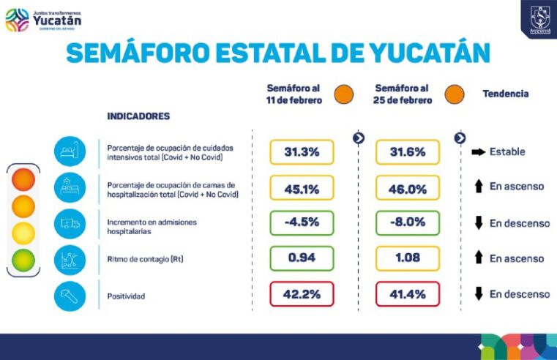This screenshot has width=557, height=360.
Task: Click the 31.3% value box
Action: [302, 152]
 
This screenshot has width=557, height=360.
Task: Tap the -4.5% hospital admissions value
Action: [302, 223]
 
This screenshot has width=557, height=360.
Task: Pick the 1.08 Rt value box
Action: [408, 258]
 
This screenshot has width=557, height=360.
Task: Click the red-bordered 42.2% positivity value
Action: [302, 294]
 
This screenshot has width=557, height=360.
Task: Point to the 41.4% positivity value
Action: [408, 294]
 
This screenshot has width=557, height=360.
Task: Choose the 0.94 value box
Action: [302, 258]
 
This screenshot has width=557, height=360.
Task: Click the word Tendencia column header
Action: [505, 94]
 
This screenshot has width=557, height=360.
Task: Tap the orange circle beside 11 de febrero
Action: [343, 94]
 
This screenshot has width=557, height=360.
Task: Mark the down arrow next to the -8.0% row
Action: [479, 223]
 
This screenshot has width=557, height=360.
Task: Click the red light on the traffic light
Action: [23, 179]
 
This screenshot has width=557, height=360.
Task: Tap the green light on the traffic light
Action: [23, 260]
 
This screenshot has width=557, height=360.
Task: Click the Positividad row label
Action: [125, 295]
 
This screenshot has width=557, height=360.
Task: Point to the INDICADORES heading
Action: [138, 116]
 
